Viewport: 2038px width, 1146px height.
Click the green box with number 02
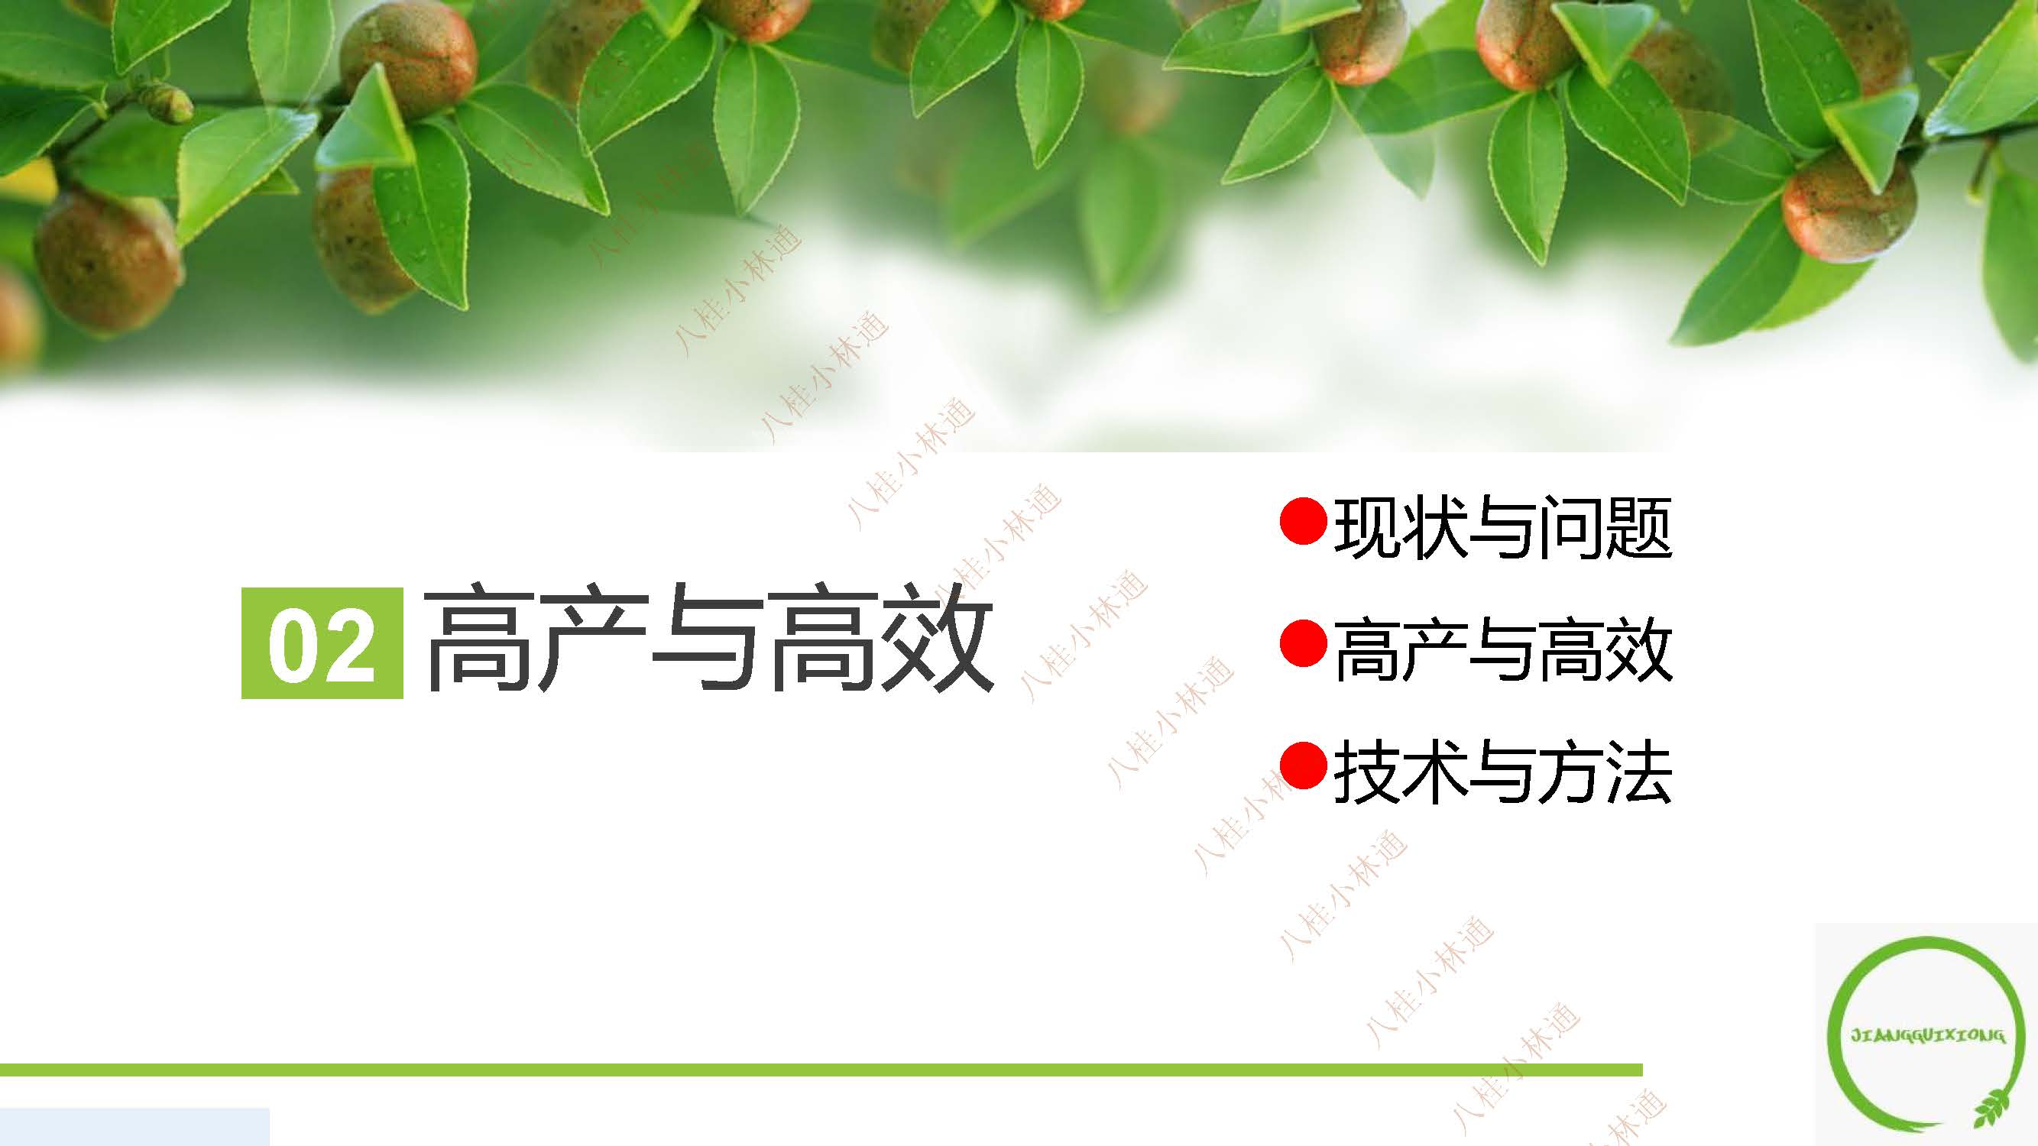(322, 643)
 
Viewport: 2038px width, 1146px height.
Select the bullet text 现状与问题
(1502, 527)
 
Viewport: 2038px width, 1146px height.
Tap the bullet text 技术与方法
(1502, 773)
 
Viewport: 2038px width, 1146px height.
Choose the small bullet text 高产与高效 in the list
(1502, 650)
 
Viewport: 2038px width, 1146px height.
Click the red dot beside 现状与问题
(1303, 521)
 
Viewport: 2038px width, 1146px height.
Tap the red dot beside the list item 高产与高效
(1303, 644)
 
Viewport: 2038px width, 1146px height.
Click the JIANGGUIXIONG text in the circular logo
(1928, 1035)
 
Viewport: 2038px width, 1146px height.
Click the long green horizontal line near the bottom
(821, 1070)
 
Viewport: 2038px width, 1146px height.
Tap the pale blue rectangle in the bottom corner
(134, 1127)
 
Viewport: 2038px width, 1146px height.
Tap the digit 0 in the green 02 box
(293, 645)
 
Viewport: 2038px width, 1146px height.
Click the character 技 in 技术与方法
(1366, 773)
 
